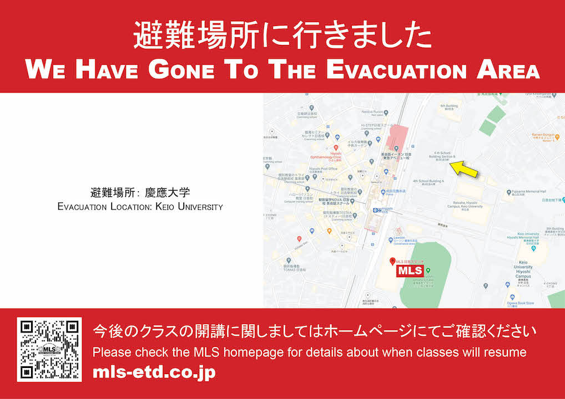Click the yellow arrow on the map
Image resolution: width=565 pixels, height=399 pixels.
tap(463, 169)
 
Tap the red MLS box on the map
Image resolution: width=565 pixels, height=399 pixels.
tap(409, 271)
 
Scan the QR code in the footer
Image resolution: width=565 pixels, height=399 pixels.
tap(49, 350)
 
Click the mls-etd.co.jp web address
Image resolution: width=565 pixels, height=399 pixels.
tap(154, 372)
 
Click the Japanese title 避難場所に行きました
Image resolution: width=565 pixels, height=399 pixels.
tap(282, 36)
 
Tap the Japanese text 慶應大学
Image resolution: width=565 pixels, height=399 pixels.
tap(167, 193)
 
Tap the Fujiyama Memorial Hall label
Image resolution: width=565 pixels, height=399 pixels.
tap(530, 192)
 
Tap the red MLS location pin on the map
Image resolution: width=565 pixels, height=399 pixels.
tap(392, 260)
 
